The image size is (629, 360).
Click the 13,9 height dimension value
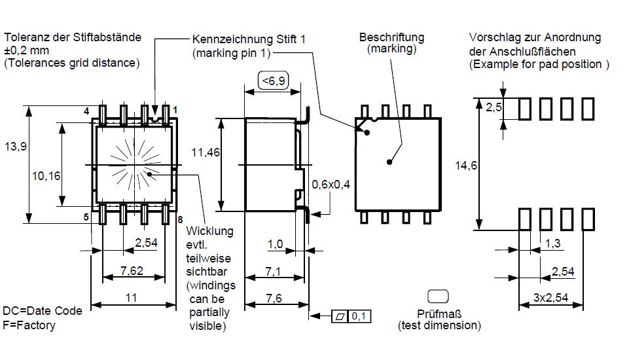(15, 147)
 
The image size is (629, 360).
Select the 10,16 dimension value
(46, 175)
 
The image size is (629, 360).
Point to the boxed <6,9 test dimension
(274, 81)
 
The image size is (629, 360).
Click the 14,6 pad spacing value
(466, 166)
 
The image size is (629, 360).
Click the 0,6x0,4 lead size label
(331, 184)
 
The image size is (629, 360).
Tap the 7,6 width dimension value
(275, 298)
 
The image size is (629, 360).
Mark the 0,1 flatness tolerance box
(359, 317)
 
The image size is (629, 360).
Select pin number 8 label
(180, 219)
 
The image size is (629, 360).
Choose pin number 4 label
(86, 111)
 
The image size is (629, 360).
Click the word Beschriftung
(391, 37)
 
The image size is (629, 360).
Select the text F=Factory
(29, 325)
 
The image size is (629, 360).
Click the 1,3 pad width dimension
(552, 243)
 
